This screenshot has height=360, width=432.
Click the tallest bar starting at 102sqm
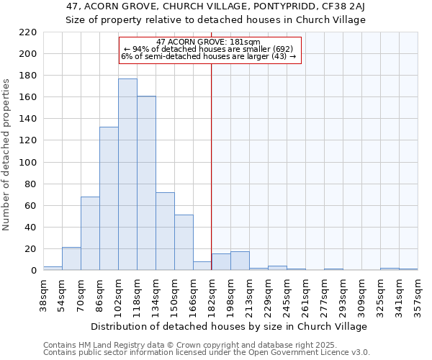pos(127,174)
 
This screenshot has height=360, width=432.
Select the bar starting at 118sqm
pos(146,183)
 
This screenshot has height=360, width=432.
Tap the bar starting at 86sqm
pos(109,198)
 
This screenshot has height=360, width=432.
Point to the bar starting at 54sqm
pos(71,258)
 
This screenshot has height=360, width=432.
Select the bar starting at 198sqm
pos(240,261)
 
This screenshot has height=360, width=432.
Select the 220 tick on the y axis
pos(29,32)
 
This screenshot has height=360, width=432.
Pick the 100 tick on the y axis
pos(29,163)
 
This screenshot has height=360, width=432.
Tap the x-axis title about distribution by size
pos(230,326)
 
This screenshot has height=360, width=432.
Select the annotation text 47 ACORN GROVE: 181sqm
pos(209,42)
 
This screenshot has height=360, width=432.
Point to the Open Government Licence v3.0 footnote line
pos(207,352)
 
